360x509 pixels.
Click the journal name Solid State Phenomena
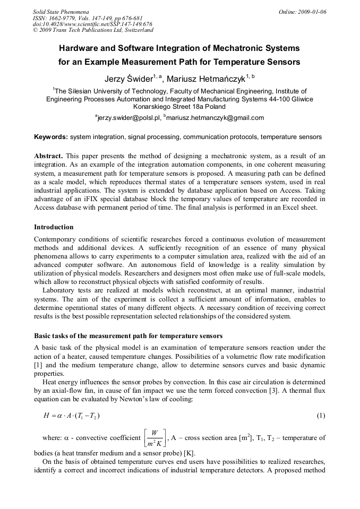coord(61,11)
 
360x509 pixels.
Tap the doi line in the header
coord(92,24)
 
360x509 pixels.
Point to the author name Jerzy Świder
coord(128,79)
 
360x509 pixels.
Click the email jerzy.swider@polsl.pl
coord(127,118)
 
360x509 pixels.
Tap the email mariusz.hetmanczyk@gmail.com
coord(215,118)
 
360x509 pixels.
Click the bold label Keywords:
coord(51,137)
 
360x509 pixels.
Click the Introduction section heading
coord(54,227)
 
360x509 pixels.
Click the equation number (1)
coord(321,415)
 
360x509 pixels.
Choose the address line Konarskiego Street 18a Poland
coord(179,106)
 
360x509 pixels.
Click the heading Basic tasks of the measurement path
coord(128,336)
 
